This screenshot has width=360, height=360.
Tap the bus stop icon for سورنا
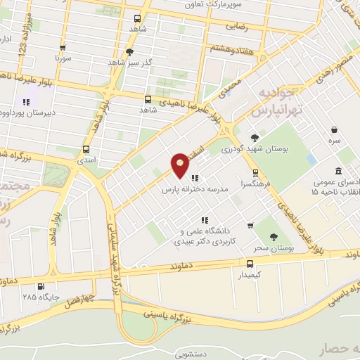(63, 49)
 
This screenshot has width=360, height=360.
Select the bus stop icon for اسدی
(85, 149)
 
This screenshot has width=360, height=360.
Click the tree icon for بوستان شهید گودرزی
(254, 137)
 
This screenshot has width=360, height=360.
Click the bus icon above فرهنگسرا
(255, 172)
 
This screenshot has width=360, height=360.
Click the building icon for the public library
(339, 172)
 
